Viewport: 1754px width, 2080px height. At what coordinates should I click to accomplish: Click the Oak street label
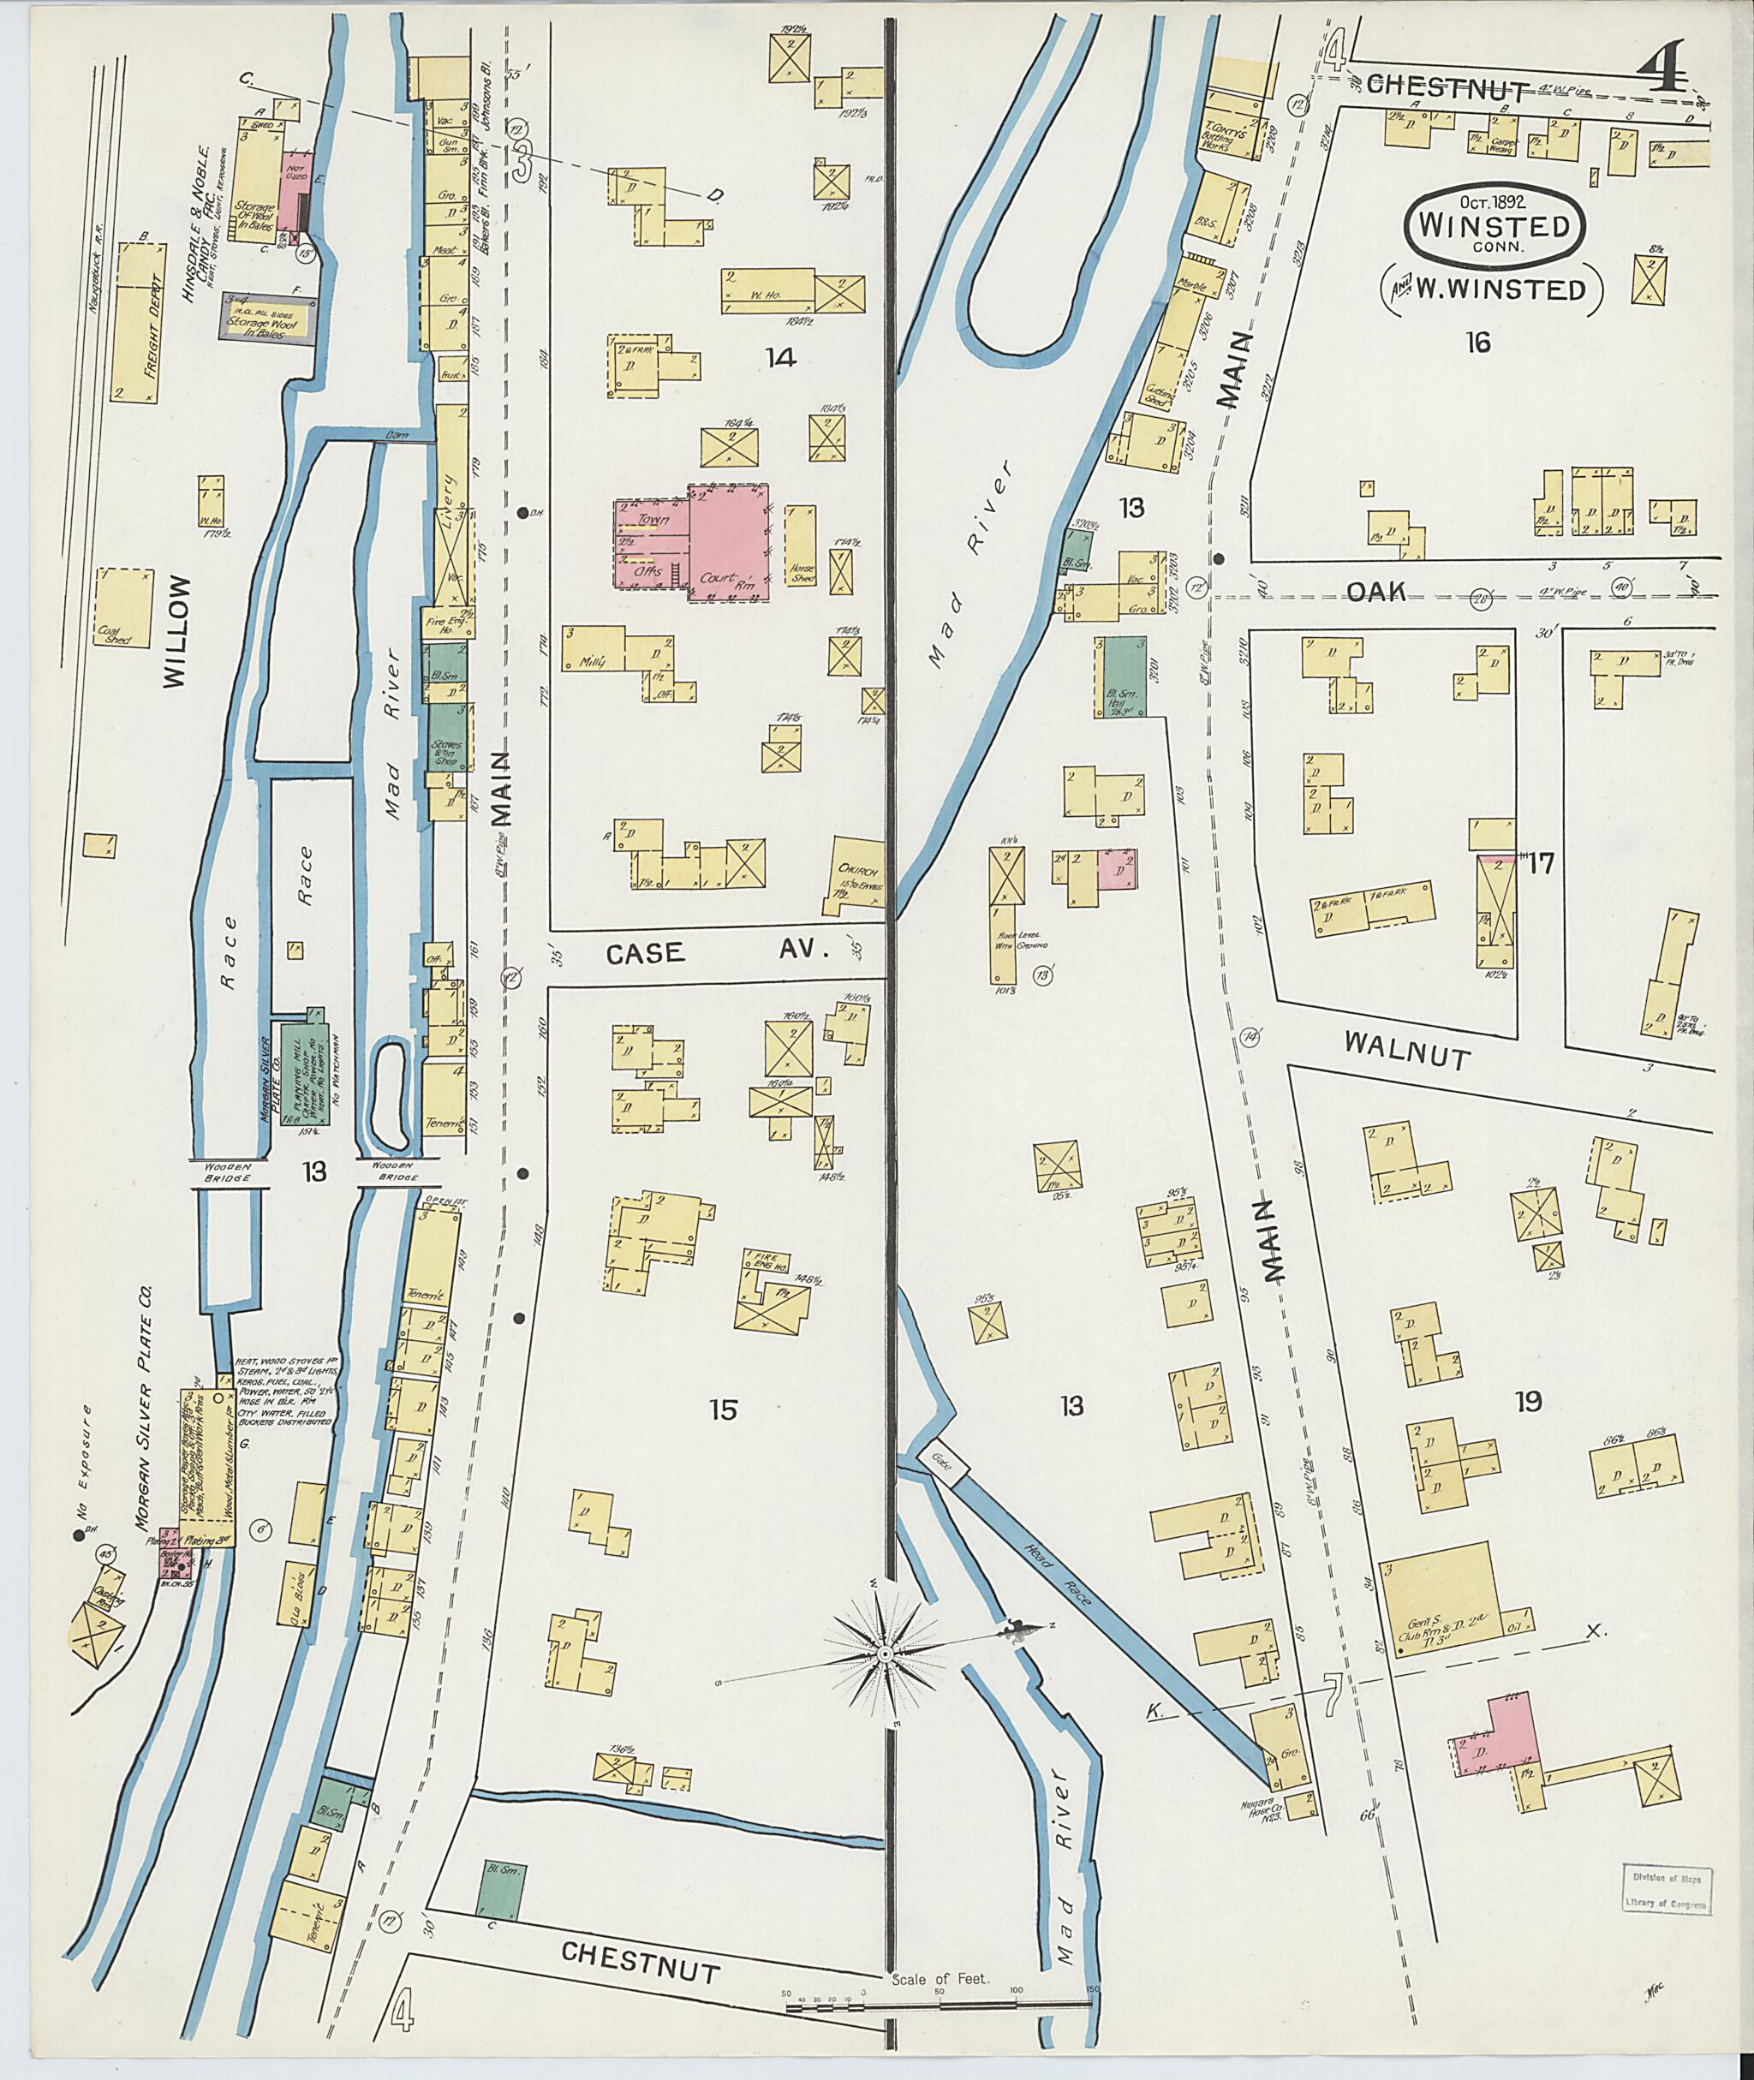pyautogui.click(x=1376, y=593)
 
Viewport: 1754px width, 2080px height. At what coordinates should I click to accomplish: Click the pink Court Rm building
pyautogui.click(x=729, y=542)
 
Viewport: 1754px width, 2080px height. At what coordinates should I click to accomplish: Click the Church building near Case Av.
pyautogui.click(x=858, y=872)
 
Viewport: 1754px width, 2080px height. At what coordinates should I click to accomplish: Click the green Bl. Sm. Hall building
pyautogui.click(x=1122, y=677)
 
